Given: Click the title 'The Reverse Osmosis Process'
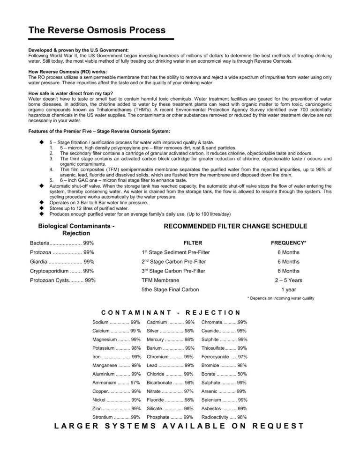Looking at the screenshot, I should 97,30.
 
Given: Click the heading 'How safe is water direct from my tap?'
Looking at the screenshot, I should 70,94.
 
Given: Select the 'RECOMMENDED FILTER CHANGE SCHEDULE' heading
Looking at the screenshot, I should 235,226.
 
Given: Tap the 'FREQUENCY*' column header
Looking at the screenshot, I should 288,244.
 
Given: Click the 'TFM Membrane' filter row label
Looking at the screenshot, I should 160,280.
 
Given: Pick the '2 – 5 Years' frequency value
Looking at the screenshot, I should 288,280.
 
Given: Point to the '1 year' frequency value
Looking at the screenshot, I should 288,289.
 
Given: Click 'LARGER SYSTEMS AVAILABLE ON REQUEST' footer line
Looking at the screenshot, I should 180,426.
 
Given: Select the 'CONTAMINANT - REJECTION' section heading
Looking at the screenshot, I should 171,312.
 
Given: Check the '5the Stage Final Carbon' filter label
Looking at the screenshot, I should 170,289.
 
